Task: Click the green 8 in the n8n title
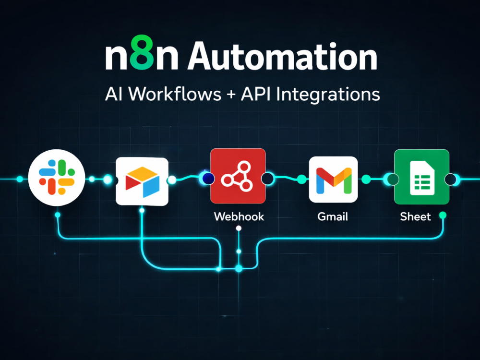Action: pos(142,52)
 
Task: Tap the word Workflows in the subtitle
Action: pos(175,94)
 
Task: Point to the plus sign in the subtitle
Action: pos(231,94)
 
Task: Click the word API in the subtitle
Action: pos(255,94)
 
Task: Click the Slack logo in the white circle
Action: pos(57,177)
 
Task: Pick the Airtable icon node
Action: pos(142,181)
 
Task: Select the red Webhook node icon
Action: pos(238,176)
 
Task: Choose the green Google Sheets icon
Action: pos(421,177)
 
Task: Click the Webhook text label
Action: pos(239,217)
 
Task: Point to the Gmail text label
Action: pos(333,217)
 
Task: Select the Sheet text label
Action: pos(415,217)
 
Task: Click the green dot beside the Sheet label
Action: pos(443,216)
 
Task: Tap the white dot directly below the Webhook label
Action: pos(239,228)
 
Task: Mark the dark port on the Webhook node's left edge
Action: pos(208,179)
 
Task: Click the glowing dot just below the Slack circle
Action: pos(58,215)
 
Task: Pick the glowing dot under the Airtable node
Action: pos(142,210)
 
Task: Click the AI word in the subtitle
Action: pos(114,94)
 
